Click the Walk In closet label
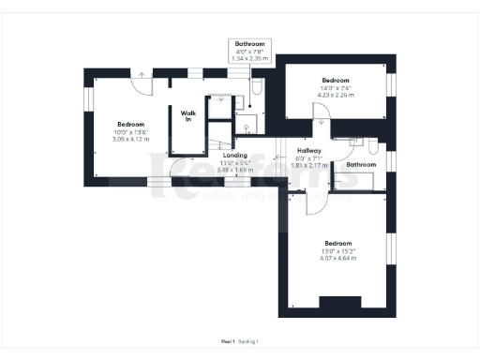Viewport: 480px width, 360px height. [187, 115]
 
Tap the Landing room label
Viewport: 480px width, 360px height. [235, 156]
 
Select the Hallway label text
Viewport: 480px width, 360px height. [309, 150]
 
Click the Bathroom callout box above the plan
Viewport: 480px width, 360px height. [250, 51]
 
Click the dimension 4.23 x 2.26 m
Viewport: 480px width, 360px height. [336, 94]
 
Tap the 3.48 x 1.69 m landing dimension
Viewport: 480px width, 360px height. [235, 171]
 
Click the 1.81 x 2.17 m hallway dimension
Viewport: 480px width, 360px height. [309, 166]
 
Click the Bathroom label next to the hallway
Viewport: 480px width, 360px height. [361, 165]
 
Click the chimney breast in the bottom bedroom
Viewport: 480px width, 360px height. [339, 302]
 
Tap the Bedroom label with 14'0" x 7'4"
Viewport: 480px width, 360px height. [336, 80]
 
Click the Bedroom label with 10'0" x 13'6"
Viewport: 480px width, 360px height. [131, 125]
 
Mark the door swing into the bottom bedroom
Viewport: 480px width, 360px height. [314, 199]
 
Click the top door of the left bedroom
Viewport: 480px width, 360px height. [141, 82]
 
